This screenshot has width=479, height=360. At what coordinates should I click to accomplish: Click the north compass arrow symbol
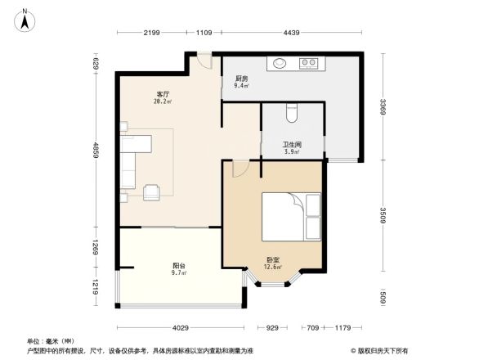[x=25, y=19]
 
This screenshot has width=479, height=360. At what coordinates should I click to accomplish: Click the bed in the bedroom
[x=291, y=215]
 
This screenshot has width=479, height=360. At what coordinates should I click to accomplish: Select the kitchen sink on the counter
[x=280, y=62]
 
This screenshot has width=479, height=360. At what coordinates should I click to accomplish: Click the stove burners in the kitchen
[x=309, y=61]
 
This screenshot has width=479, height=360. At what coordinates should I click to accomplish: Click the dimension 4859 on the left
[x=96, y=155]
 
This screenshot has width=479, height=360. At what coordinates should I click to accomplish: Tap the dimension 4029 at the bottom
[x=181, y=327]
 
